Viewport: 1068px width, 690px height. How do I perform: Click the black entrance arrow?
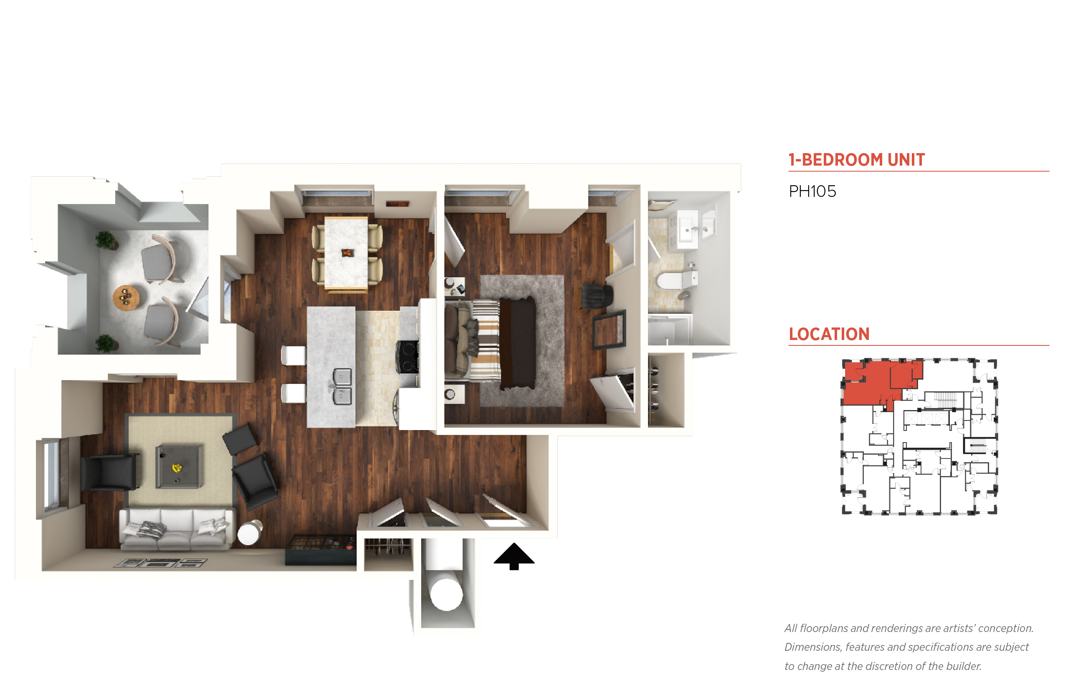point(514,556)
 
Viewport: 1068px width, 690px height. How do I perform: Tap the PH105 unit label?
point(812,191)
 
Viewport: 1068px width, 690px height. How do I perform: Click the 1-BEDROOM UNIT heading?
point(856,159)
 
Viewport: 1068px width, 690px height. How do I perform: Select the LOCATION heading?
point(829,334)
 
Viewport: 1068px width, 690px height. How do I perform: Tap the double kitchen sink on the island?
point(341,386)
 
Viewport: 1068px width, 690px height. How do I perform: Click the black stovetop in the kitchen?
point(408,357)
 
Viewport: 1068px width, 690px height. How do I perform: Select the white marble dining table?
point(346,253)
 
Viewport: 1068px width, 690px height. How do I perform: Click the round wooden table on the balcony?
point(126,297)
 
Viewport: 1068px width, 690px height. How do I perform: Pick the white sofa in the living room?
point(177,528)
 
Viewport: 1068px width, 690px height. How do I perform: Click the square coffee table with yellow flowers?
point(178,466)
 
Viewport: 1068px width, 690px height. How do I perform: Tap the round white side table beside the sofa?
point(249,533)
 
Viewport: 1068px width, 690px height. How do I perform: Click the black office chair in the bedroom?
point(597,296)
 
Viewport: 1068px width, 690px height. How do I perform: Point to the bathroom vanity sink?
point(687,229)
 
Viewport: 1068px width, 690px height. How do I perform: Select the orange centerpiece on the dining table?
point(347,253)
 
